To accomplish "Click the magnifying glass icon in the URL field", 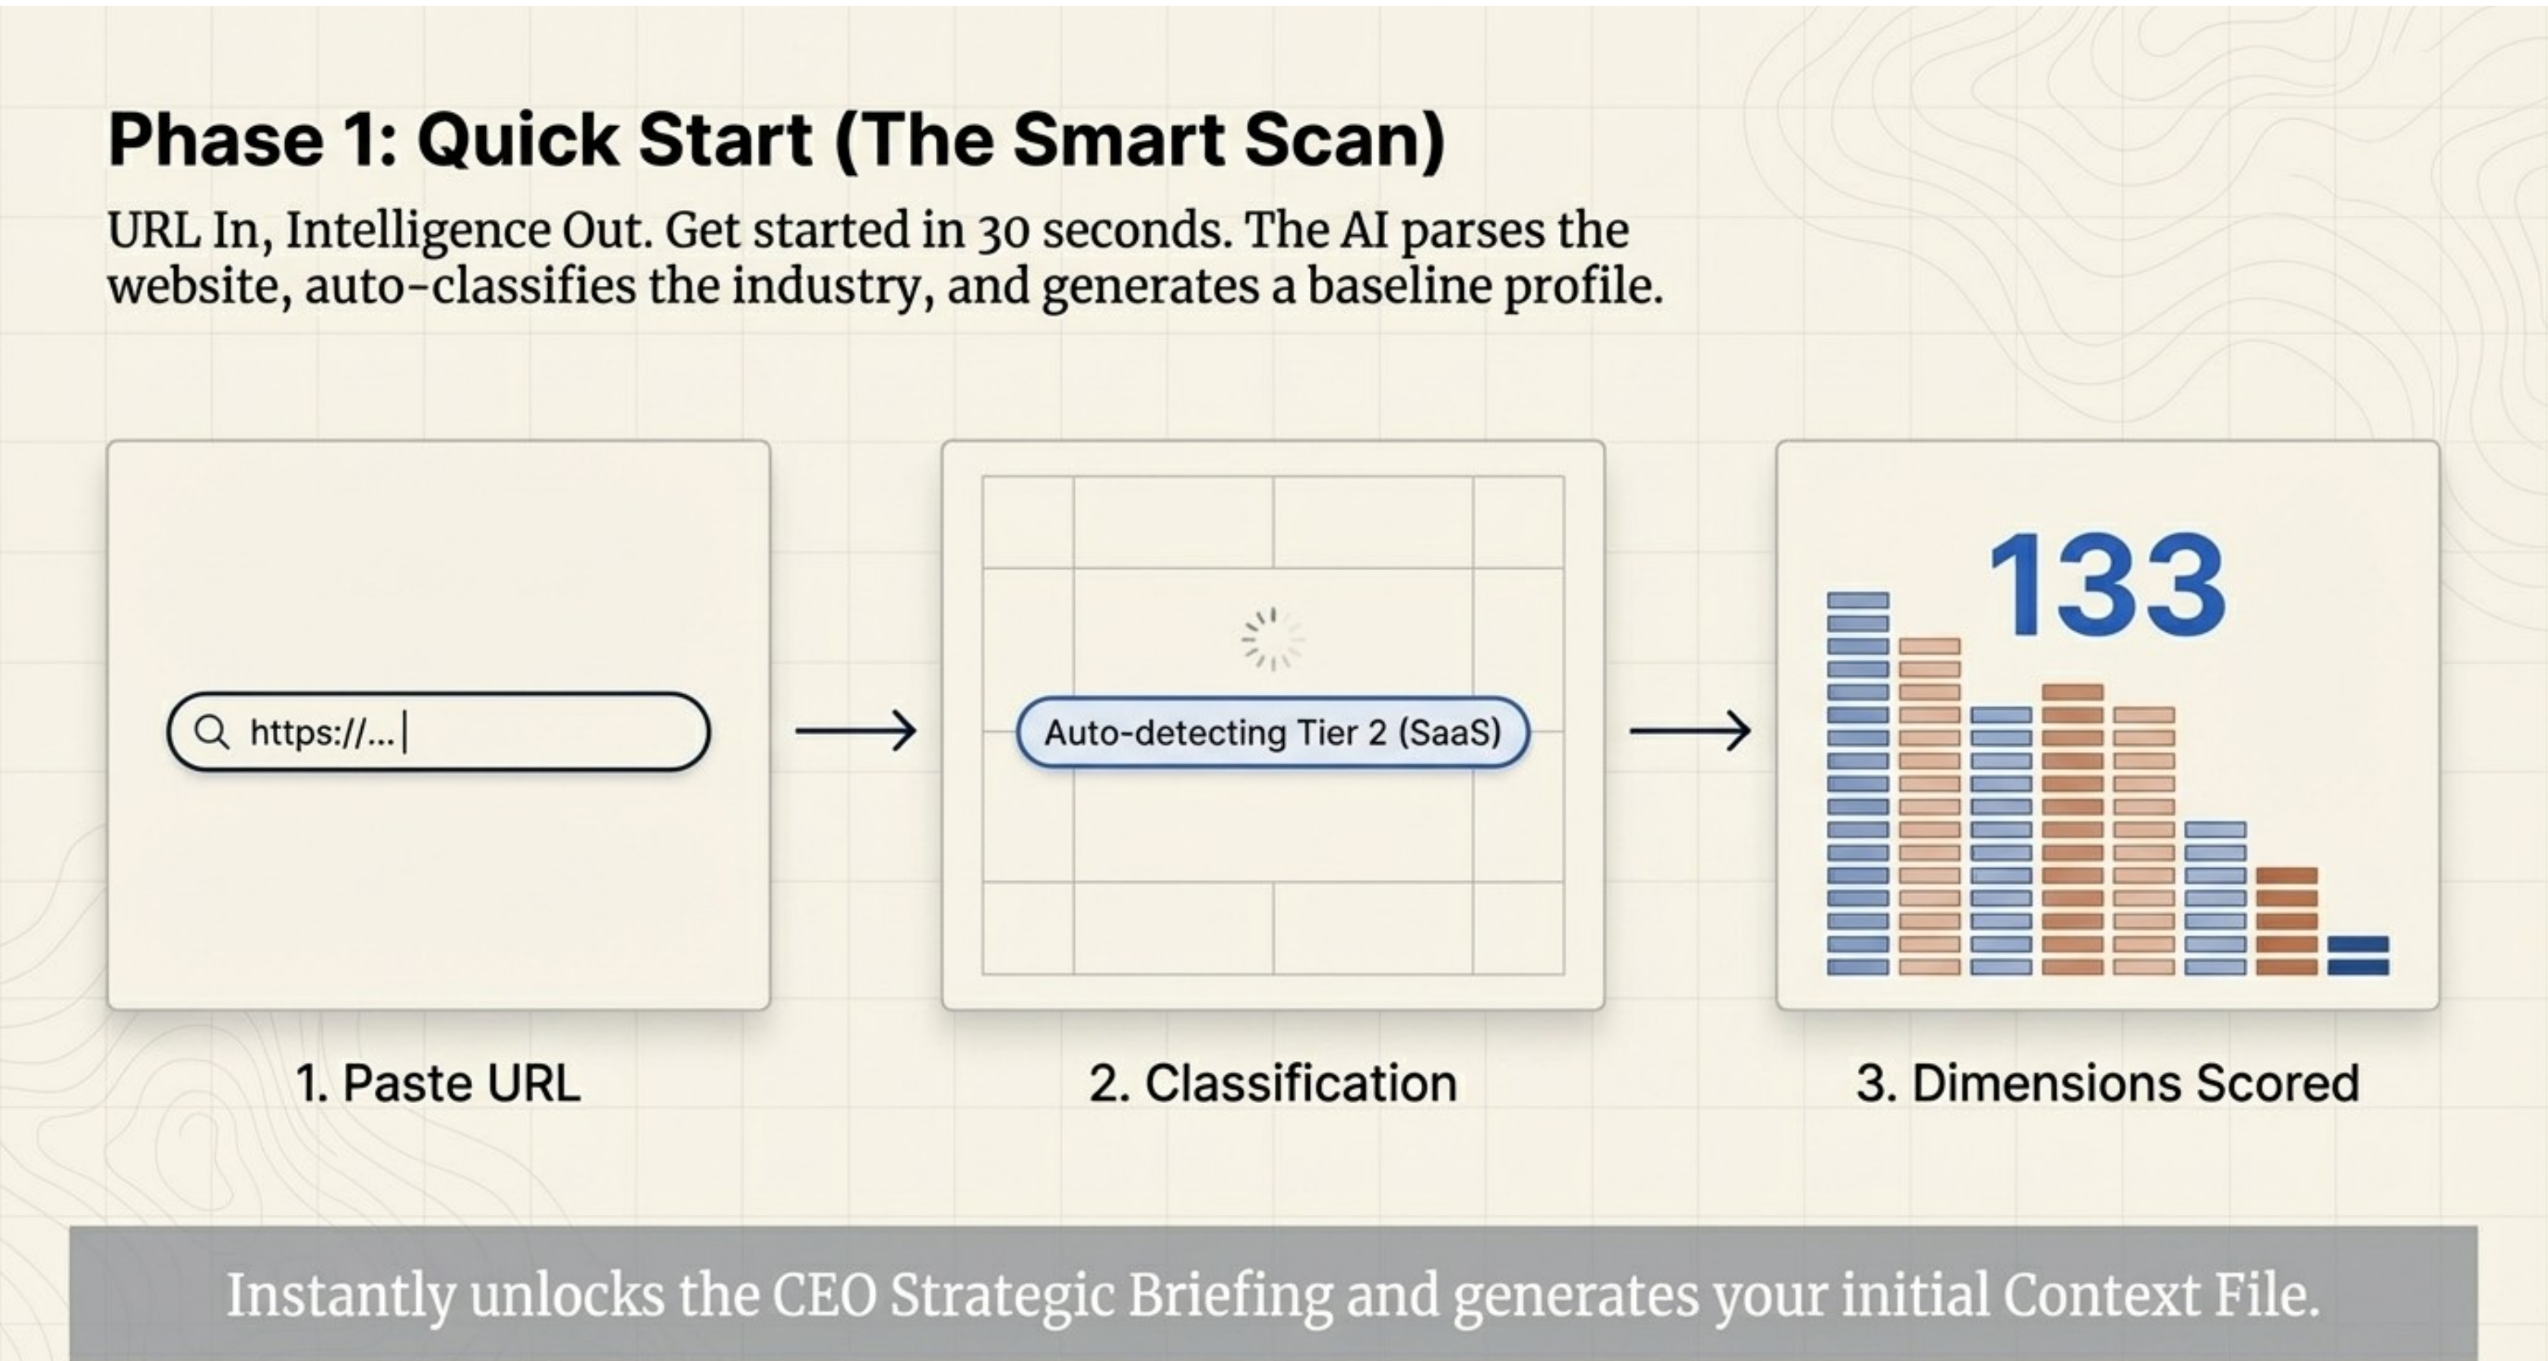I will point(211,732).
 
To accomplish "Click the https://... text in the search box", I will point(322,733).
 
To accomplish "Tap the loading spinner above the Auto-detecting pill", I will point(1273,639).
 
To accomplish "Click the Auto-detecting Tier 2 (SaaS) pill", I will point(1273,733).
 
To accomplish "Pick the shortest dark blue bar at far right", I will point(2358,956).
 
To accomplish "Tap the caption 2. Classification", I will point(1273,1083).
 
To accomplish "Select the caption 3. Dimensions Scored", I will point(2107,1083).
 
